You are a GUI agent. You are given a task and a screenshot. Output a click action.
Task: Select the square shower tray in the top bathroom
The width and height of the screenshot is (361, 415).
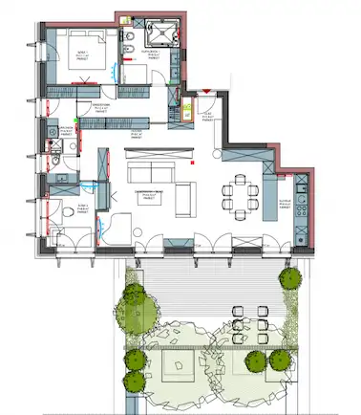pyautogui.click(x=167, y=36)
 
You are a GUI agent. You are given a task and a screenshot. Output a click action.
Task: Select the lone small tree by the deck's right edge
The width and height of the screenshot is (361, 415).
pyautogui.click(x=287, y=280)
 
